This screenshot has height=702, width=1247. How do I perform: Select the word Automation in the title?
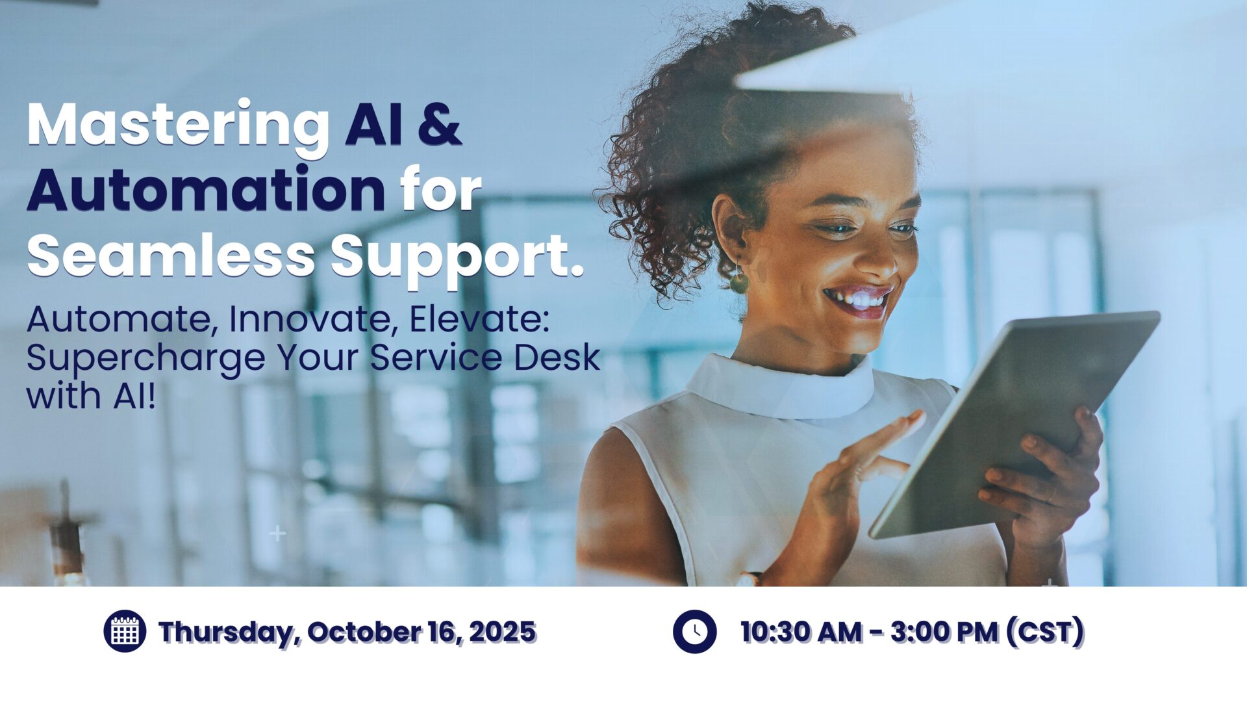click(206, 189)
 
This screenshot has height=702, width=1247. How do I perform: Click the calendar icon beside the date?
click(125, 631)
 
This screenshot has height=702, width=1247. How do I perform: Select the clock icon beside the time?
click(694, 631)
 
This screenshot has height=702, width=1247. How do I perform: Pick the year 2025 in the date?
click(502, 632)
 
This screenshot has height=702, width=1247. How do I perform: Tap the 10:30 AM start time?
click(801, 632)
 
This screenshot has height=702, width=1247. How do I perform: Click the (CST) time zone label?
click(1045, 632)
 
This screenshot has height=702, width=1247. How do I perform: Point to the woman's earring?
click(739, 281)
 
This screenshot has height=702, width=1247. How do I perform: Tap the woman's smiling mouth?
click(859, 301)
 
